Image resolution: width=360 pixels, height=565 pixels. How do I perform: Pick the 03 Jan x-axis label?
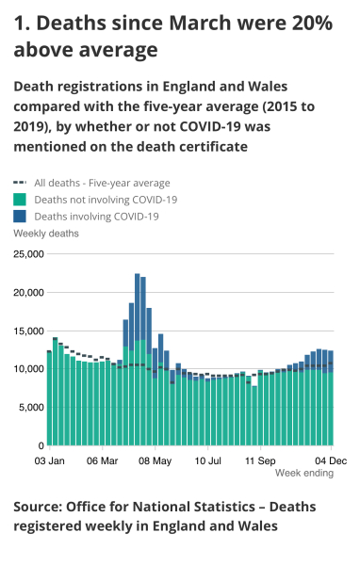49,461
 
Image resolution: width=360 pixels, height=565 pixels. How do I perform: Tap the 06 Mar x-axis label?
102,461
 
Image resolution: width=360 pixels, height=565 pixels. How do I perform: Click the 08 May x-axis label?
155,461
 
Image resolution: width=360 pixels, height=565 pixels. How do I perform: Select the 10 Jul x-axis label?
207,461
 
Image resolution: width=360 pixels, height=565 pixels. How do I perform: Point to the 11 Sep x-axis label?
260,461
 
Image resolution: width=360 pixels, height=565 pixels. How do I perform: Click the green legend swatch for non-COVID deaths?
20,200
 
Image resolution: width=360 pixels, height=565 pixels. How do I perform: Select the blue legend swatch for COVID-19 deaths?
20,217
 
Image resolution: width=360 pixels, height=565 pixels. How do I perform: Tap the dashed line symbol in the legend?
20,184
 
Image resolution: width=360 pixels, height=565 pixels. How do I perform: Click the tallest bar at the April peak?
137,358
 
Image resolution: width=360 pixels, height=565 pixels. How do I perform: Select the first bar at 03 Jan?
49,398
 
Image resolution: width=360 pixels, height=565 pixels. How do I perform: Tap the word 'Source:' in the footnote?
41,507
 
